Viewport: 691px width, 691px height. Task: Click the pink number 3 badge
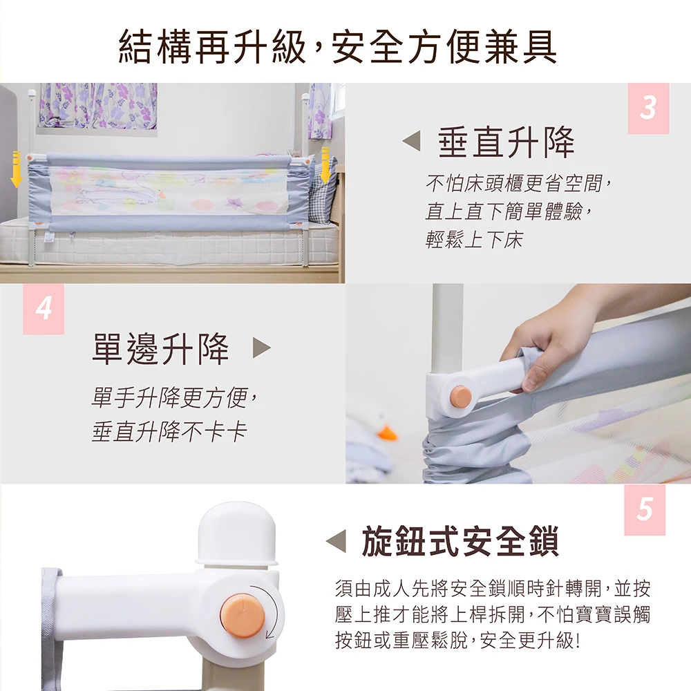tap(648, 108)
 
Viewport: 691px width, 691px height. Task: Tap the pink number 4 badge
tap(44, 308)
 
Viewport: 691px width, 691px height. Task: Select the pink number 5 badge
tap(644, 510)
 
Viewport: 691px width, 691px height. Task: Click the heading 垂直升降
tap(507, 142)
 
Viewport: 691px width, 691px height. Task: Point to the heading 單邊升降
tap(160, 348)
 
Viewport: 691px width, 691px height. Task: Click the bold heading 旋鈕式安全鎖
tap(460, 541)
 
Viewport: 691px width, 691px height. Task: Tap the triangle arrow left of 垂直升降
tap(411, 141)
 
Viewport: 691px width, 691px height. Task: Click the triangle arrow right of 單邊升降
tap(262, 348)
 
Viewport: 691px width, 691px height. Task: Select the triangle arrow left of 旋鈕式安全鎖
tap(336, 541)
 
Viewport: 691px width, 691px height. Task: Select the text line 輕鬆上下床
tap(474, 240)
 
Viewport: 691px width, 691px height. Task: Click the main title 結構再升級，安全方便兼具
tap(338, 46)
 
